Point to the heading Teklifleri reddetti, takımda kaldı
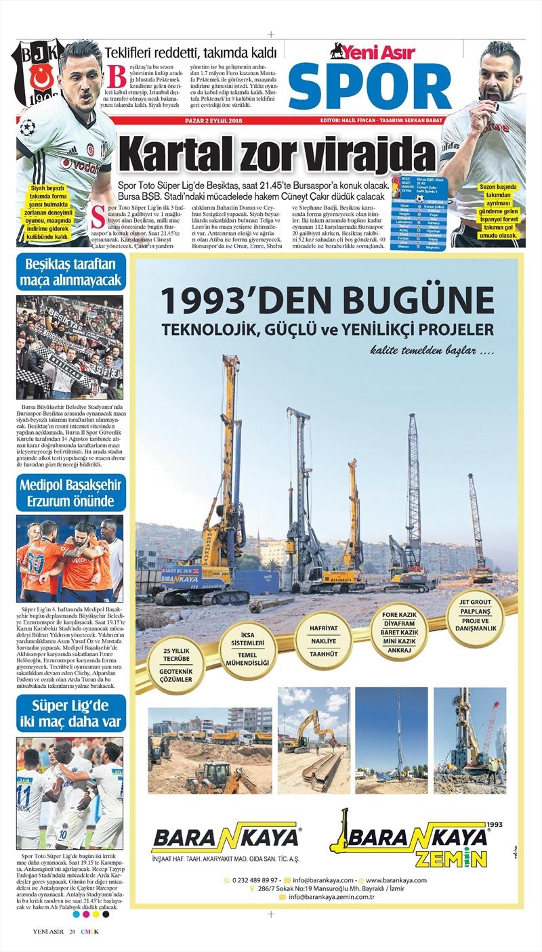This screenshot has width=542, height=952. coord(190,53)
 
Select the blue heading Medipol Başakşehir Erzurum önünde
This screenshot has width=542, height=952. coord(70,493)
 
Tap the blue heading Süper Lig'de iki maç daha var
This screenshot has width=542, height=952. coord(70,713)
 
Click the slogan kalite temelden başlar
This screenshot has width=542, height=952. coord(432,351)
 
